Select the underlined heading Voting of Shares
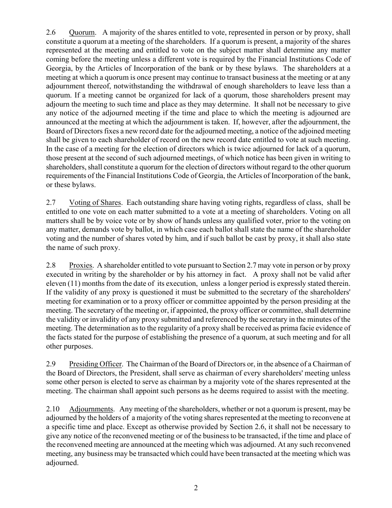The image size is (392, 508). coord(95,202)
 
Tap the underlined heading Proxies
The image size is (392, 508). coord(80,266)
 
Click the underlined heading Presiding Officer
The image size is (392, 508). coord(95,364)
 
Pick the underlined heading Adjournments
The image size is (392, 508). coord(91,409)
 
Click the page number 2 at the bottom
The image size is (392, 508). coord(196,488)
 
